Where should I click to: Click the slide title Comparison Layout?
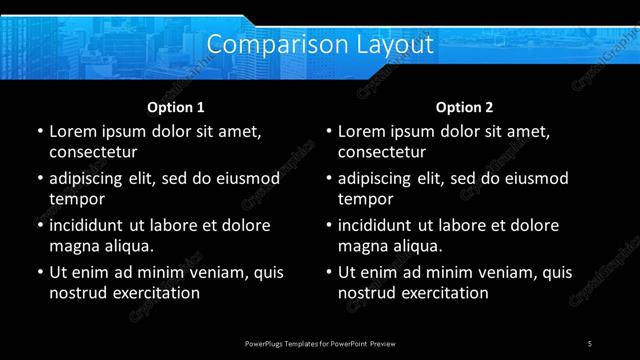[320, 45]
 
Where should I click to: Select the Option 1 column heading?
[176, 106]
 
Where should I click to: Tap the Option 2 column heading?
[465, 106]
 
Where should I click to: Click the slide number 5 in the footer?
[590, 343]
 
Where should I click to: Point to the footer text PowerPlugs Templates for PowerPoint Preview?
[320, 343]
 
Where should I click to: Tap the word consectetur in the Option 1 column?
[93, 153]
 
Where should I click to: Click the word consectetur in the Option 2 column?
[382, 153]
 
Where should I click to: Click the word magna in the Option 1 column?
[73, 247]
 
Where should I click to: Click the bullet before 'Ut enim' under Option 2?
[329, 272]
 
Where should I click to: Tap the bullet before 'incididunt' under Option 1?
[40, 225]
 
